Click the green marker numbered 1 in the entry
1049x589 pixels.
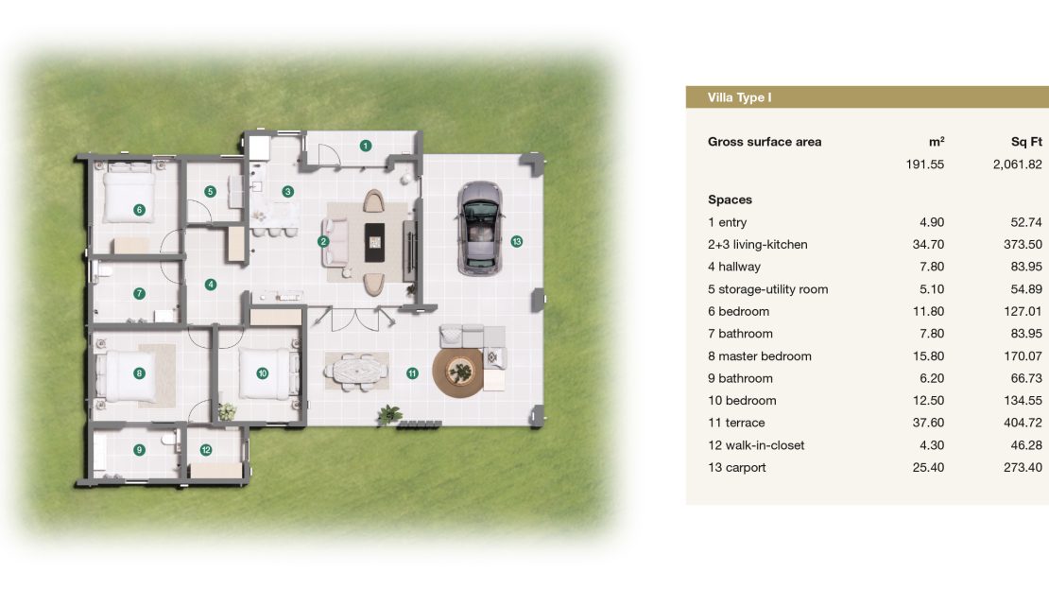click(x=366, y=146)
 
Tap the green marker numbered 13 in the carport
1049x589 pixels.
click(x=517, y=242)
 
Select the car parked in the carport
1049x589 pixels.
click(x=480, y=228)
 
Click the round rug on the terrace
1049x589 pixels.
click(x=458, y=372)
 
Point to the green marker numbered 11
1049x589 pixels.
click(x=412, y=373)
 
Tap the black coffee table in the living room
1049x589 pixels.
click(x=374, y=242)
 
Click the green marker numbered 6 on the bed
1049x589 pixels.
click(x=139, y=210)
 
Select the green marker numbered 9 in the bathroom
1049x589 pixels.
click(x=139, y=450)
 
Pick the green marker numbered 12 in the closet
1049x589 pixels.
click(x=206, y=450)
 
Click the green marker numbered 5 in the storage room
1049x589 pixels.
click(x=210, y=191)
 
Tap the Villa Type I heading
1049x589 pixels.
click(x=739, y=97)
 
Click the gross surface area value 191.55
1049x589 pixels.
click(x=924, y=165)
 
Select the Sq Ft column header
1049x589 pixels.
click(x=1026, y=142)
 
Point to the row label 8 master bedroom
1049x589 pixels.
click(x=759, y=356)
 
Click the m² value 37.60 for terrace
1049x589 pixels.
click(x=928, y=423)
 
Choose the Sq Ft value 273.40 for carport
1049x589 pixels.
click(x=1023, y=468)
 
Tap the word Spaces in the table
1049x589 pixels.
click(x=730, y=200)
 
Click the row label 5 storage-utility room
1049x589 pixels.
click(x=768, y=289)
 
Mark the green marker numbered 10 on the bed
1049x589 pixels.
click(x=263, y=373)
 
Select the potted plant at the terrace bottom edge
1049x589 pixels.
click(x=388, y=415)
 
